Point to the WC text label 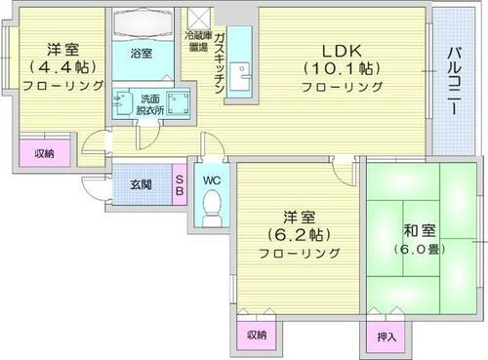click(210, 180)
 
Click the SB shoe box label click(180, 184)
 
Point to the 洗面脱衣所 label click(149, 104)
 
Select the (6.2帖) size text click(299, 235)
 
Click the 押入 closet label click(386, 337)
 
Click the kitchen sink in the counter click(243, 76)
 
